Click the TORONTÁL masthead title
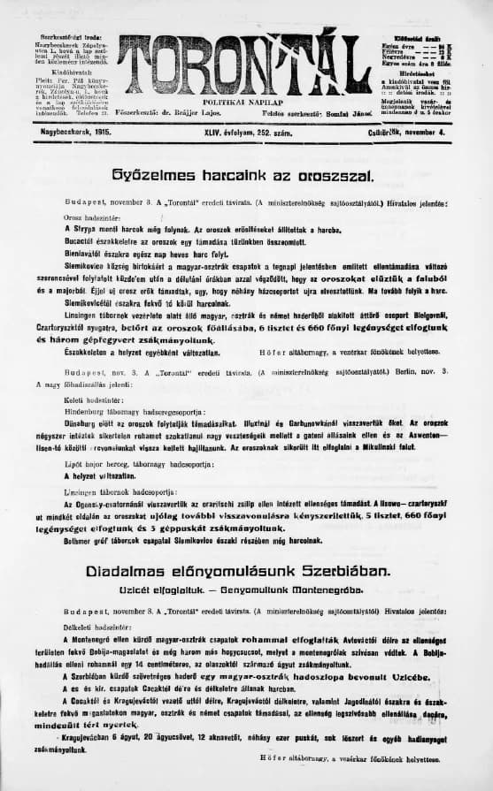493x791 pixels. point(244,59)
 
